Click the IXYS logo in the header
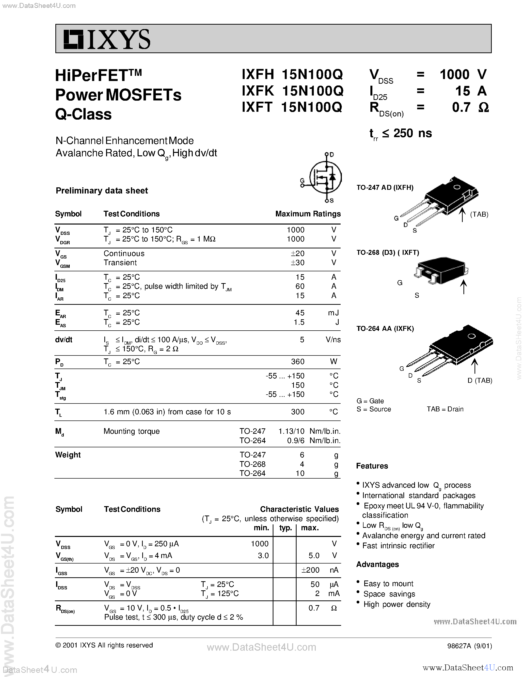pos(107,39)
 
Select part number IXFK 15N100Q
pos(292,91)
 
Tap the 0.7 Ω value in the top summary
pos(470,107)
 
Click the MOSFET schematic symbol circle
pos(325,177)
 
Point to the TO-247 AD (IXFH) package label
pos(385,188)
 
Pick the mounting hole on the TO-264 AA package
pos(471,336)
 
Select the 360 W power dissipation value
pos(298,361)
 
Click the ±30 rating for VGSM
pos(298,263)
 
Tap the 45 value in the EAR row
pos(300,313)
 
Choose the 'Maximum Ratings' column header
pos(308,214)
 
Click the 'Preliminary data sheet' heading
pos(102,191)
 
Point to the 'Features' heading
pos(372,466)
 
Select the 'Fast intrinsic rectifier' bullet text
pos(398,546)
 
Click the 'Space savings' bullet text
pos(389,594)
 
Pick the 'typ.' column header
pos(285,528)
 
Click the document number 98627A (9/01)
pos(469,646)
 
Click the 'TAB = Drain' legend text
pos(445,409)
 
